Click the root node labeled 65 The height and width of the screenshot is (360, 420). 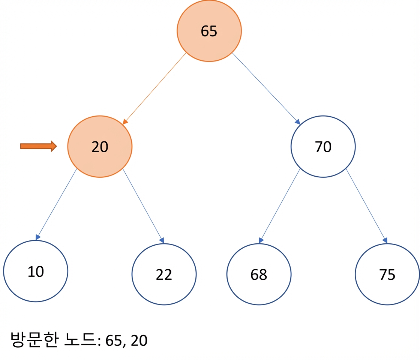click(209, 31)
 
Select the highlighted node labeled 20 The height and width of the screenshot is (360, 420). click(100, 147)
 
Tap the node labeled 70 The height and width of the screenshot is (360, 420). click(323, 147)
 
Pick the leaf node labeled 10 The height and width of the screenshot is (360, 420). click(36, 271)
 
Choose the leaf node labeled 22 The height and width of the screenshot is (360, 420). click(164, 274)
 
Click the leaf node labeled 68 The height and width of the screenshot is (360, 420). click(259, 274)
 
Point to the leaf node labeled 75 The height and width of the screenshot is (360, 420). click(387, 274)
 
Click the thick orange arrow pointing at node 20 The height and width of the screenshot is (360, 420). click(39, 146)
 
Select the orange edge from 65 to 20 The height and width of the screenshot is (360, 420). click(154, 88)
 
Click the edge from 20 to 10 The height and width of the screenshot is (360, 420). click(56, 204)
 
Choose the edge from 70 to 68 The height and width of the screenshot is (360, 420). click(279, 206)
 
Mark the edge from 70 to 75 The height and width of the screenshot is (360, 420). click(367, 206)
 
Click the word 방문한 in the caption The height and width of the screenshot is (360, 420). click(34, 340)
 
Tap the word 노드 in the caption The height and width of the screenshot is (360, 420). click(80, 339)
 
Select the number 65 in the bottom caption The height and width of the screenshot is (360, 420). click(114, 340)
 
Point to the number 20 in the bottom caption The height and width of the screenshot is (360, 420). click(139, 340)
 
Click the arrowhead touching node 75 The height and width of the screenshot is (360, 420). click(385, 240)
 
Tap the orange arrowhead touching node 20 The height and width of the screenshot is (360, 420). click(125, 122)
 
